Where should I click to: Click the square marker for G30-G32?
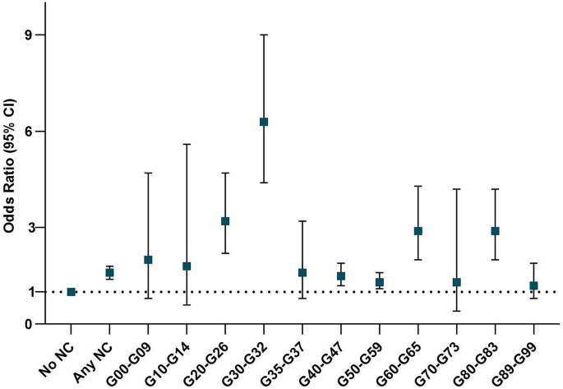click(x=264, y=122)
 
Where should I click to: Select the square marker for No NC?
click(x=72, y=292)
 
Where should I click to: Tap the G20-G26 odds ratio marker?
click(x=225, y=221)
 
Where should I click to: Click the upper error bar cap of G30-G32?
click(x=264, y=35)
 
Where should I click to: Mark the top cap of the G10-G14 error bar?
click(x=187, y=144)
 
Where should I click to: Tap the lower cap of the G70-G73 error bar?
click(x=457, y=311)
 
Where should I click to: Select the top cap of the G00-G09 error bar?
click(x=149, y=173)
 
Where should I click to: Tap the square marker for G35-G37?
click(x=302, y=272)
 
